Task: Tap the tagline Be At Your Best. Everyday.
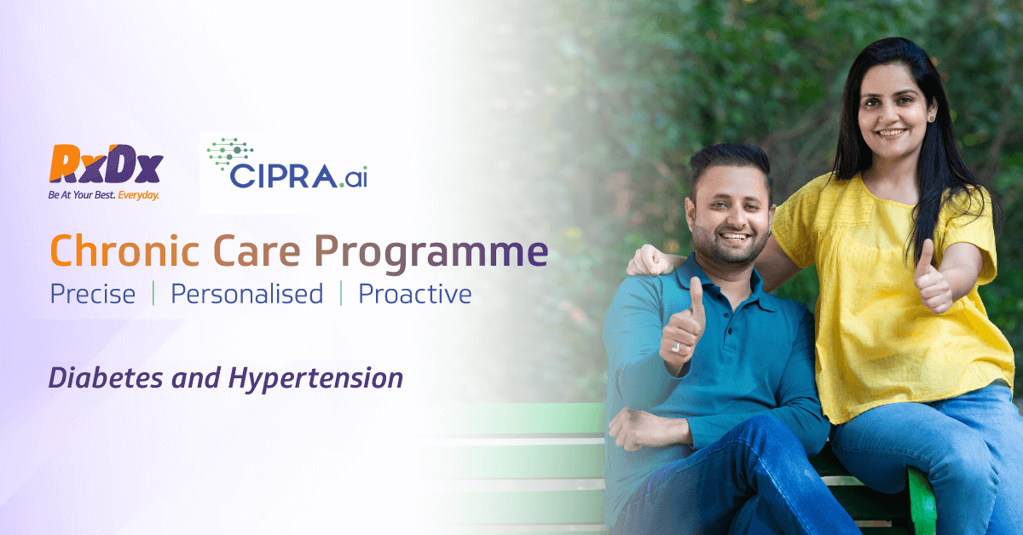click(x=103, y=195)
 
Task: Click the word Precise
click(x=92, y=295)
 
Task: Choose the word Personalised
click(x=246, y=295)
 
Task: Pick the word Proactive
click(x=414, y=295)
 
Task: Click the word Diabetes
click(x=106, y=378)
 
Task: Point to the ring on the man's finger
click(x=676, y=348)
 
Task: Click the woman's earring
click(x=931, y=117)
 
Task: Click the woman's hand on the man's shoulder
click(x=650, y=260)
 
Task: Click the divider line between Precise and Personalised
click(x=153, y=294)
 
